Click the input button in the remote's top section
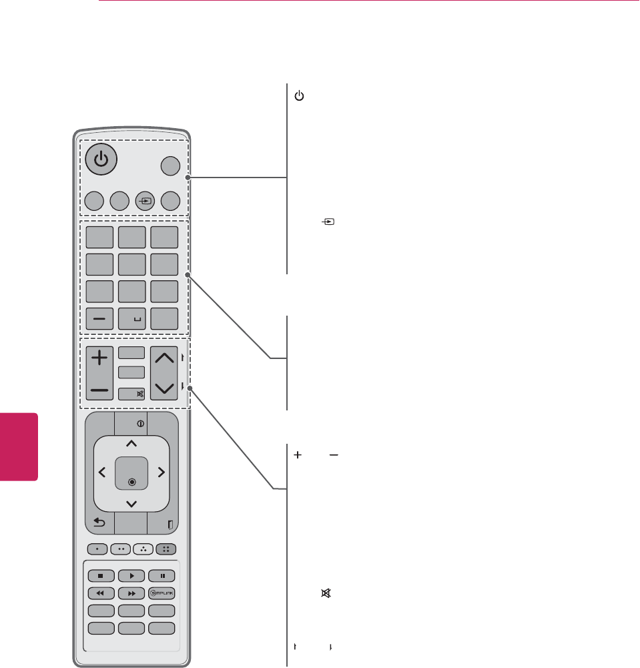[x=145, y=200]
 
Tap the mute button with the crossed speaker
[x=131, y=394]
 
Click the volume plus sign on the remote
[x=99, y=358]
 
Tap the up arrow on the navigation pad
[x=131, y=443]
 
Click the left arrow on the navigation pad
[x=102, y=472]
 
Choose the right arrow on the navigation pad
[x=161, y=472]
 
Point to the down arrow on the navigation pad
[x=131, y=503]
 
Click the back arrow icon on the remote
[x=99, y=524]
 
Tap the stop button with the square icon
[x=99, y=575]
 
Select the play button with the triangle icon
[x=131, y=575]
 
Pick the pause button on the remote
[x=162, y=575]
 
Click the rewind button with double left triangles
[x=99, y=592]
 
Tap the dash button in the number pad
[x=99, y=319]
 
